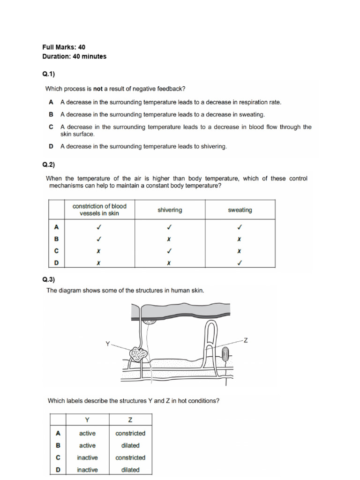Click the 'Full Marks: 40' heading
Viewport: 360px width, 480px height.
(x=64, y=47)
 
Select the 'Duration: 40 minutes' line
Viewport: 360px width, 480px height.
(x=74, y=57)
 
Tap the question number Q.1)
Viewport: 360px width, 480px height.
(x=49, y=74)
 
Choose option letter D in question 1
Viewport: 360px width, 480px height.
(x=51, y=147)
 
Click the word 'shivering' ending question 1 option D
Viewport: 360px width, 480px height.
(x=214, y=147)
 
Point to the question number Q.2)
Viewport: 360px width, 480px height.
(x=49, y=165)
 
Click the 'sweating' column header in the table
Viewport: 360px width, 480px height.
(x=240, y=210)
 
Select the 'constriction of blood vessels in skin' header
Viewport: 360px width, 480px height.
(x=99, y=210)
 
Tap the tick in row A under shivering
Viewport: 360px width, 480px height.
(x=170, y=227)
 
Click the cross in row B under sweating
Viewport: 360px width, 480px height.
(x=240, y=239)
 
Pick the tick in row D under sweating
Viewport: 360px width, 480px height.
(x=240, y=263)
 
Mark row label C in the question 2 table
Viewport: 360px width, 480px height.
(x=57, y=251)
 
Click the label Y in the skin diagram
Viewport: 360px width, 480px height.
(x=107, y=344)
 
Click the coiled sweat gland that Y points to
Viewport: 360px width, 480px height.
(x=139, y=354)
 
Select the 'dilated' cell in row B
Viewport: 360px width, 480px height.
(x=130, y=445)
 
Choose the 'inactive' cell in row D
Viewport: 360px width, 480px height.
(x=87, y=470)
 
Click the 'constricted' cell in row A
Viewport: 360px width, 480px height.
(x=130, y=433)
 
